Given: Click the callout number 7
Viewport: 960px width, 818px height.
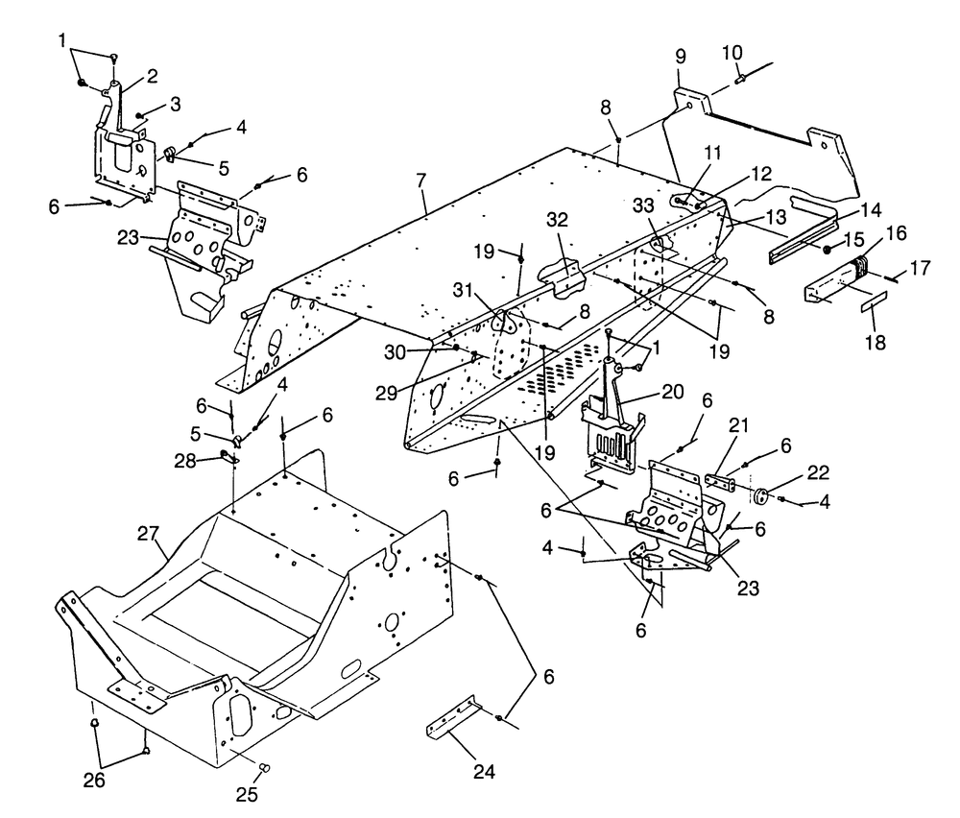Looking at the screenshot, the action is point(420,180).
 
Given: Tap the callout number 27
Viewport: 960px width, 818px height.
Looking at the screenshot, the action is point(148,534).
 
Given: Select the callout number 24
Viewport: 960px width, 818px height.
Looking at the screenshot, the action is point(484,772).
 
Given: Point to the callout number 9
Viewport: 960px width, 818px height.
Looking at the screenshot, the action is point(681,57).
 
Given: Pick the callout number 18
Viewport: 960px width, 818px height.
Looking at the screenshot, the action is point(876,343).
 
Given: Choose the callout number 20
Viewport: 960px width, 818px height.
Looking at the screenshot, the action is point(672,392).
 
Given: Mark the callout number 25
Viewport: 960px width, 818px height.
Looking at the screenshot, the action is point(247,794).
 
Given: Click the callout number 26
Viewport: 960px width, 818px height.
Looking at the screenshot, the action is point(94,780).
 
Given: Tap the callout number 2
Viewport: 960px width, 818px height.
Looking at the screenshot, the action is point(152,76).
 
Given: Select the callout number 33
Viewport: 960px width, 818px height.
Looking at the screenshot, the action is point(643,205).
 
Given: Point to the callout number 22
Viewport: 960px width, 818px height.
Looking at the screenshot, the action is point(818,472).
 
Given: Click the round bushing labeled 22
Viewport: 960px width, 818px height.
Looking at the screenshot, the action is point(761,496).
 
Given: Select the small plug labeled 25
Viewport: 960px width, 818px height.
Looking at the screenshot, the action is point(265,767).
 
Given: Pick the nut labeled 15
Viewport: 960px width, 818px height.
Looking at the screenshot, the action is point(828,250).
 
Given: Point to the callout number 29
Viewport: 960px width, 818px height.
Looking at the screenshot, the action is point(387,393).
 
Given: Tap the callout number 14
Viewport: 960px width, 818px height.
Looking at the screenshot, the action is point(870,210).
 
